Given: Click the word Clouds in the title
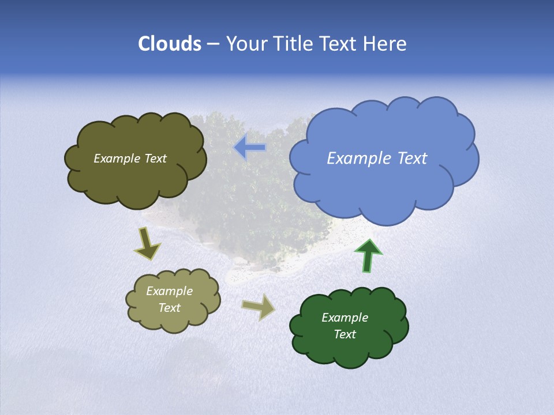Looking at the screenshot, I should tap(169, 44).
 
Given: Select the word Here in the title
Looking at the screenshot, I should tap(386, 44).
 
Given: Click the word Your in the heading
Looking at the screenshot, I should tap(245, 44).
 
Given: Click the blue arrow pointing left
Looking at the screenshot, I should tap(249, 147).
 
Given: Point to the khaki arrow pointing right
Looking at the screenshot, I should tap(258, 307).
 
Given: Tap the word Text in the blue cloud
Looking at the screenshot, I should tap(409, 159).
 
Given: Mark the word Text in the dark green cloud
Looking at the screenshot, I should tap(345, 334).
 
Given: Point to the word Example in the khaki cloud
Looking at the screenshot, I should tap(169, 291).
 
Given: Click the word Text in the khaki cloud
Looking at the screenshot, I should tap(169, 308).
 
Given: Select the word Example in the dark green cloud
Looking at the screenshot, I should tap(345, 318).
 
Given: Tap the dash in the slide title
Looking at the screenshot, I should tap(213, 44).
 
